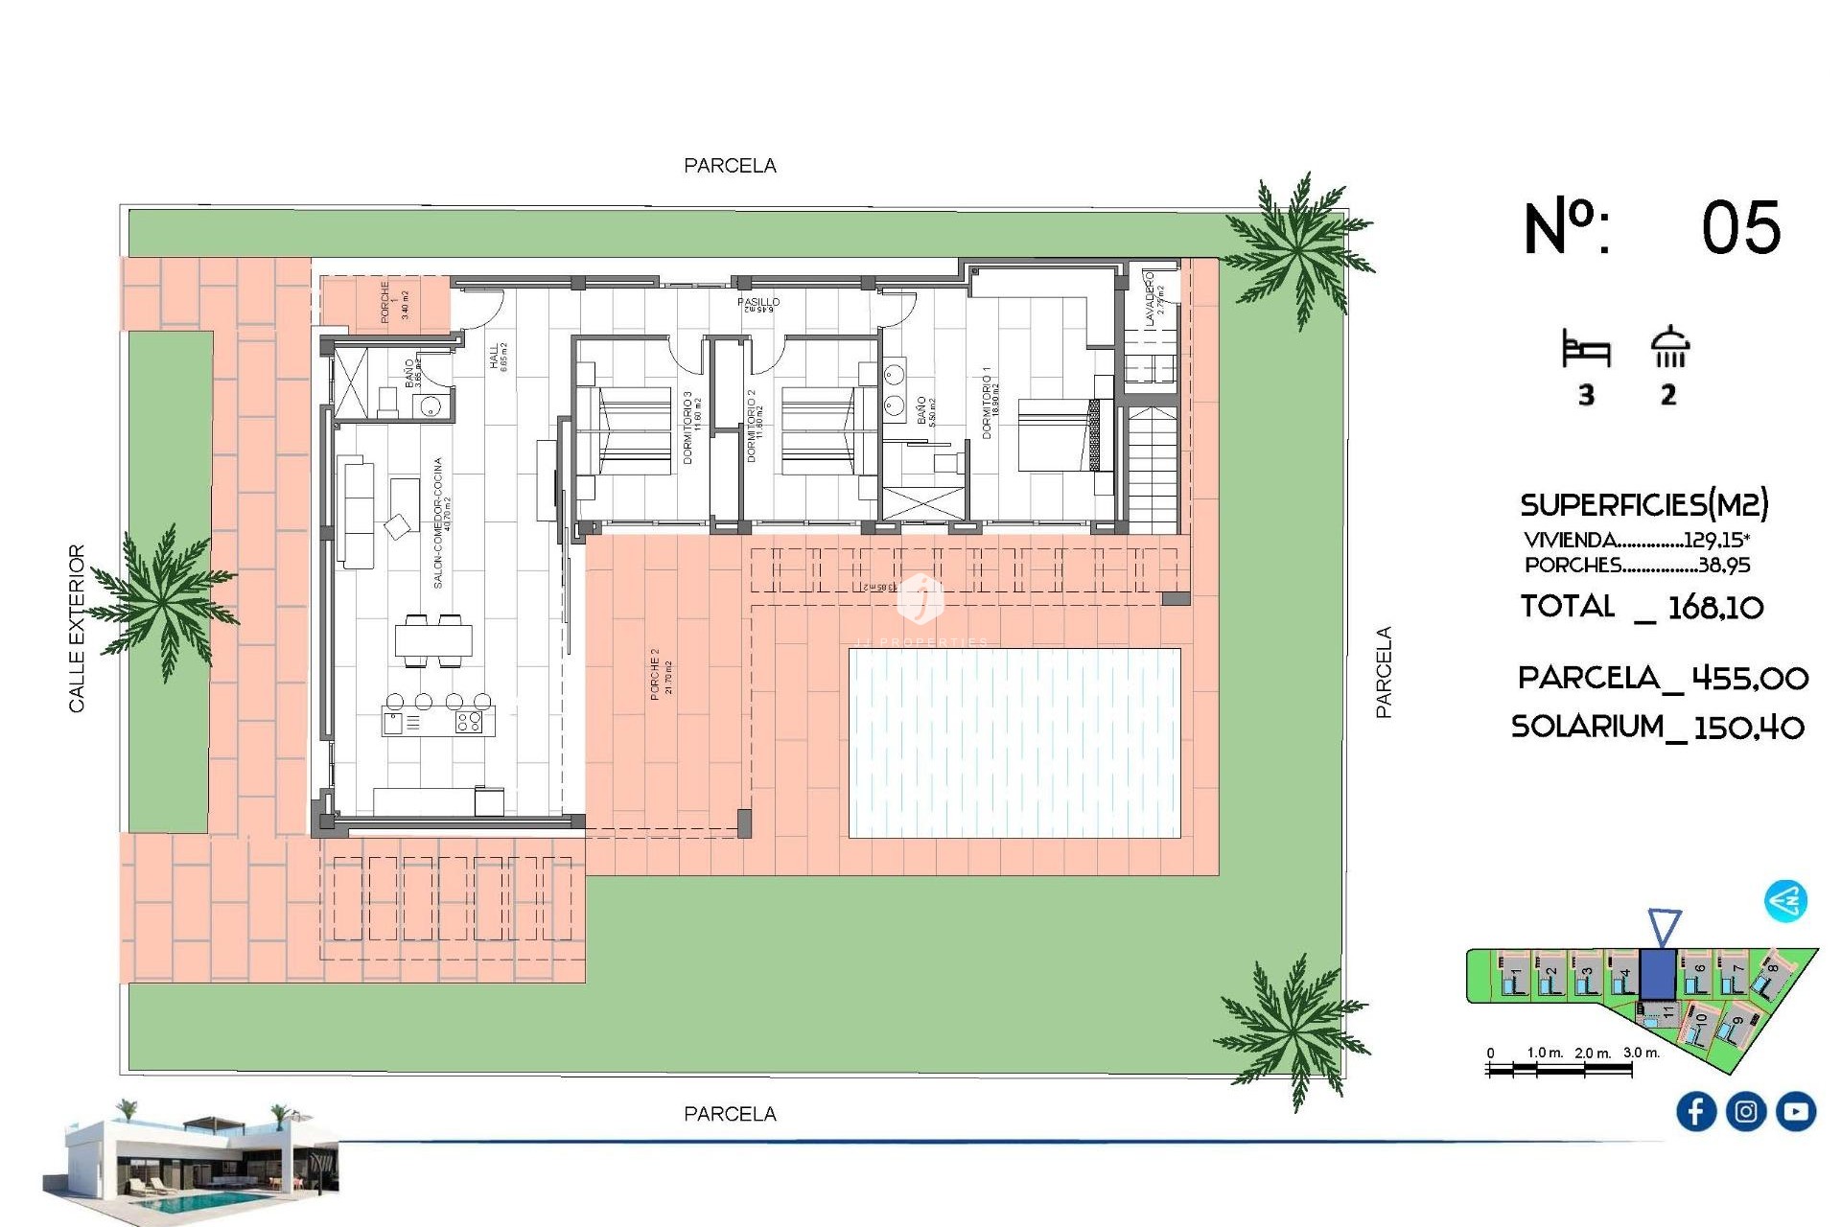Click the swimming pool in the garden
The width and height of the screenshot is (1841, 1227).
1014,743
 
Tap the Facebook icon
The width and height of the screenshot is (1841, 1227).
1695,1111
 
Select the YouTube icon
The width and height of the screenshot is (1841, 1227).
1795,1111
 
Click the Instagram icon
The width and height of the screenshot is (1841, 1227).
1745,1111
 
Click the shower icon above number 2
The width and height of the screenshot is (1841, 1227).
1669,347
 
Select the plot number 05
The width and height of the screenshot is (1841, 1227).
1740,228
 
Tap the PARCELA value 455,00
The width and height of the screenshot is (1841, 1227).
1749,679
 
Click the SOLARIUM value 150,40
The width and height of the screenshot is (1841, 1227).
1748,728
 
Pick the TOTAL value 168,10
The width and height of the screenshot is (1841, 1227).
1714,607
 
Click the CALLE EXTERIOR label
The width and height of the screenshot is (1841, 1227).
77,628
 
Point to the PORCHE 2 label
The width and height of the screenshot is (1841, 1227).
661,673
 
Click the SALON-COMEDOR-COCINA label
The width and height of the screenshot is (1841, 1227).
440,522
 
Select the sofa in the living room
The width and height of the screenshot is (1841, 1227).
357,514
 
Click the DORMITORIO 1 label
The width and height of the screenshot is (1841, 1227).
990,403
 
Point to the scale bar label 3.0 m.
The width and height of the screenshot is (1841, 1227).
1641,1053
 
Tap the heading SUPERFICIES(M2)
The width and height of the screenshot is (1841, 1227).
1643,504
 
